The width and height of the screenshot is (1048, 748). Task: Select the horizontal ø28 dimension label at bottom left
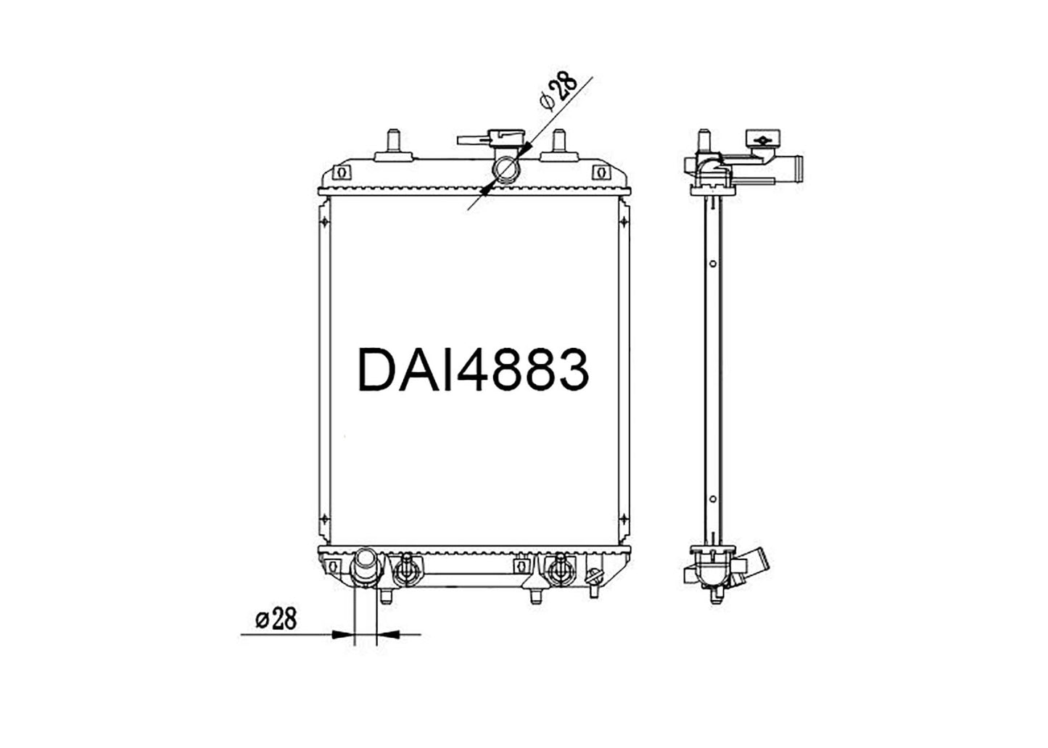tap(276, 618)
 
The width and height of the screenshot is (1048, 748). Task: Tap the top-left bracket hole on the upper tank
tap(342, 173)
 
